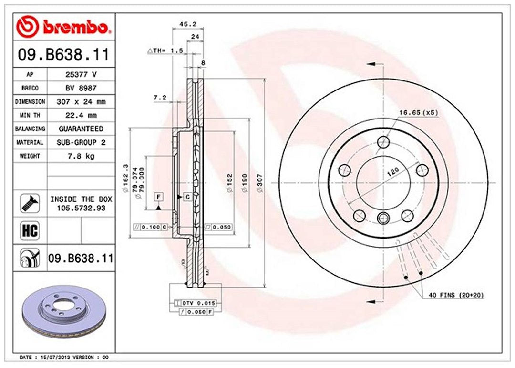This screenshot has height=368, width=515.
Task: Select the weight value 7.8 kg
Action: (x=81, y=156)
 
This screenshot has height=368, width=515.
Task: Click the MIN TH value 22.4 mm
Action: (x=81, y=115)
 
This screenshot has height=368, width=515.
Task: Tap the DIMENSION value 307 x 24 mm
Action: (x=81, y=102)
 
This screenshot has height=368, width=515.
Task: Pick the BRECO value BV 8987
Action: (x=81, y=88)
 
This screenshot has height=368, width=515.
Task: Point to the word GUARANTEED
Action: (x=81, y=129)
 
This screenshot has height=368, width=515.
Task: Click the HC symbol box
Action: (x=29, y=231)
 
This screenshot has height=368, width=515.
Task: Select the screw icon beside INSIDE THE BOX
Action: (x=29, y=203)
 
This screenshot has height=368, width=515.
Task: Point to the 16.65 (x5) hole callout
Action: (x=418, y=112)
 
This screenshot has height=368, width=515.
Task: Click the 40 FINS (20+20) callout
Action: (x=456, y=296)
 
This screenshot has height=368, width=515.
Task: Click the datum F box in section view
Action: (x=158, y=197)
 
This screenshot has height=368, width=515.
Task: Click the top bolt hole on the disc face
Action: (x=383, y=142)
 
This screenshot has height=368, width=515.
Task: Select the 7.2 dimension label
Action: (x=159, y=98)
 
